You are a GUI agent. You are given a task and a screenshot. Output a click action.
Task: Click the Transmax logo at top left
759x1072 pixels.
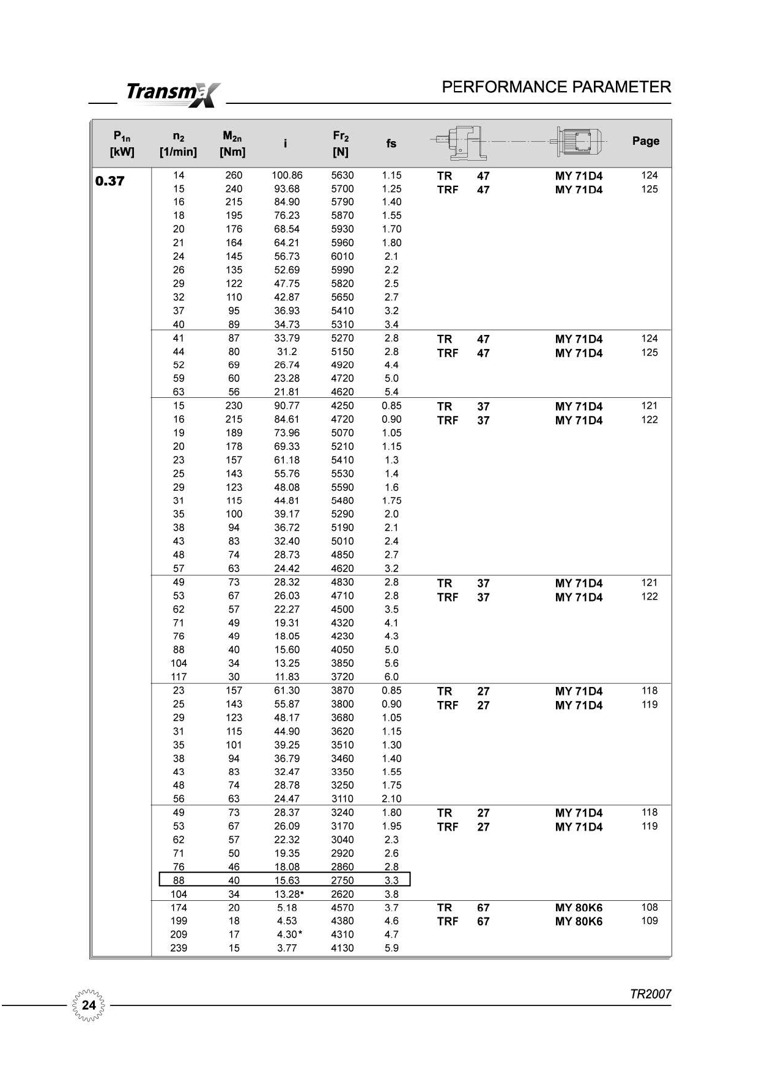tap(172, 94)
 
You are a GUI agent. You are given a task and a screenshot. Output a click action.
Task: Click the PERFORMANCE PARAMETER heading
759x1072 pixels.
tap(556, 87)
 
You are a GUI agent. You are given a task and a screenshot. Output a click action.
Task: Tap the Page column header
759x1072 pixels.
tap(645, 141)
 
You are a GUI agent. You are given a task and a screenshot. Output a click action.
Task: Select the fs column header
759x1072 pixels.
tap(391, 144)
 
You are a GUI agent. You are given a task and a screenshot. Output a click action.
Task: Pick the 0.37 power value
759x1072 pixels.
tap(110, 181)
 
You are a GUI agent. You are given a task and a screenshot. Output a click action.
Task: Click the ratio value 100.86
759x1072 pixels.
tap(287, 175)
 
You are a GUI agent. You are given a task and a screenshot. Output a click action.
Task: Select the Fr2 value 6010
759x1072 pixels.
tap(342, 257)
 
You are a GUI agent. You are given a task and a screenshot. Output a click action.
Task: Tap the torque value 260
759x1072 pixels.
tap(234, 175)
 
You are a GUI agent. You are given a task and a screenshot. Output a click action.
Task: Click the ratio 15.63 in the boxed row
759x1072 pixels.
tap(287, 881)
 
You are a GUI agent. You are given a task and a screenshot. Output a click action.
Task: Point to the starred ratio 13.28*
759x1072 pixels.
tap(289, 894)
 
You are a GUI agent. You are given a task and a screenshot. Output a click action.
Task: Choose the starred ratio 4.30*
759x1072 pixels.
tap(289, 934)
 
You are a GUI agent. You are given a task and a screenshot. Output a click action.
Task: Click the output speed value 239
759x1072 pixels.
tap(179, 948)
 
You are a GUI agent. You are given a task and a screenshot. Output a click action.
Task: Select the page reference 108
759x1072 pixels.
tap(650, 908)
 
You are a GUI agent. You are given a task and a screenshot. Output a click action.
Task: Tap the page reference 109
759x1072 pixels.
tap(650, 921)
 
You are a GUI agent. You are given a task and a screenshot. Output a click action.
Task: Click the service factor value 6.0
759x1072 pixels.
tap(391, 677)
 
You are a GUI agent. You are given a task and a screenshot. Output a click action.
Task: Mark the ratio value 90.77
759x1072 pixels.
tap(287, 406)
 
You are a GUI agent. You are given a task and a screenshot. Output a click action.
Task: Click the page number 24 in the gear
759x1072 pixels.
tap(89, 1005)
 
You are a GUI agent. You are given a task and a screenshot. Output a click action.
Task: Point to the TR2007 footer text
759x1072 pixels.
tap(650, 994)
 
